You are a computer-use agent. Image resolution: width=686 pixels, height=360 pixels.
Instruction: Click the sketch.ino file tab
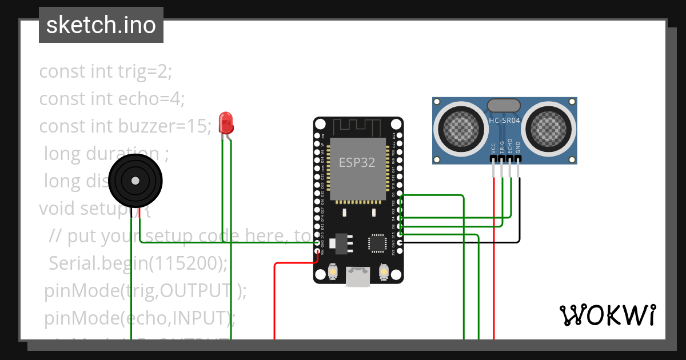(x=101, y=25)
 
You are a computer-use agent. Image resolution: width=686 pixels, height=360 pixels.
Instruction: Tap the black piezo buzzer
(x=135, y=181)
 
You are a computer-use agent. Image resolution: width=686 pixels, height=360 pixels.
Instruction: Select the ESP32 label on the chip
(x=357, y=162)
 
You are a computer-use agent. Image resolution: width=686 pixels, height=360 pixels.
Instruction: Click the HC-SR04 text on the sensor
(x=504, y=121)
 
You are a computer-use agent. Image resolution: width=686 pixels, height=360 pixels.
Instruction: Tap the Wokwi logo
(x=607, y=315)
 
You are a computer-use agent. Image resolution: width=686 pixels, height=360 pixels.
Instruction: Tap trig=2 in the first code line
(x=145, y=71)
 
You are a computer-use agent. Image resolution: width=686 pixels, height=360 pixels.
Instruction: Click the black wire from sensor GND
(x=520, y=217)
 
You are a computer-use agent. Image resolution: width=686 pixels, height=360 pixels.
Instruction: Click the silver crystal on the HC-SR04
(x=504, y=105)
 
